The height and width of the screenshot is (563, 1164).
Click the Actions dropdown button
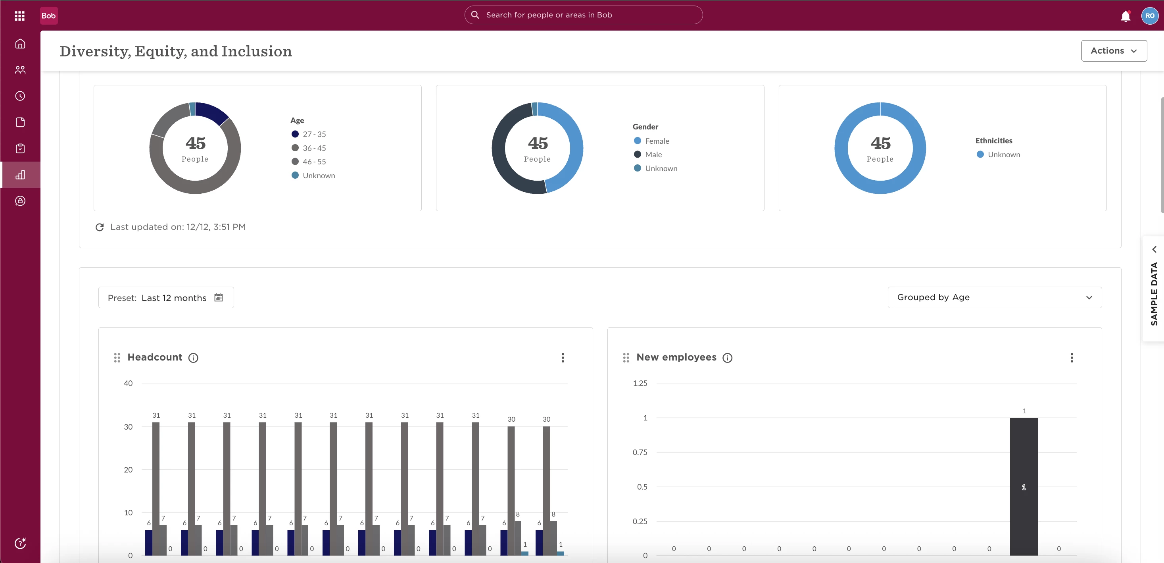(x=1114, y=51)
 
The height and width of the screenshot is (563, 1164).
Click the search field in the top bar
(x=583, y=15)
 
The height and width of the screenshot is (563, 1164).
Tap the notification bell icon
(x=1125, y=16)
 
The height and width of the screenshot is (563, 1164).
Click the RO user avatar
(x=1150, y=16)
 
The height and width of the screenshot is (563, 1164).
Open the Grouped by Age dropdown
(x=995, y=297)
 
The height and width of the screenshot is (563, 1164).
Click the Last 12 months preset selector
(x=166, y=297)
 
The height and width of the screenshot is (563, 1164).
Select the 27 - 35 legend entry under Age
(x=309, y=134)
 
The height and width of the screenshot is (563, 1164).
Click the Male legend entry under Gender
(x=648, y=155)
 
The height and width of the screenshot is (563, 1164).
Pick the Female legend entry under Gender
(x=651, y=141)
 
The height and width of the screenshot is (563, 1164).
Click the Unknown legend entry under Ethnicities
(x=998, y=155)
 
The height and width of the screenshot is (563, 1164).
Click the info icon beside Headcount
(x=193, y=358)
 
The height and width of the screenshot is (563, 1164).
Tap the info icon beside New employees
(x=728, y=358)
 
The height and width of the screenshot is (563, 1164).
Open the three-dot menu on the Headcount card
(x=563, y=358)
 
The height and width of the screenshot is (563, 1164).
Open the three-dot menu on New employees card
(x=1072, y=358)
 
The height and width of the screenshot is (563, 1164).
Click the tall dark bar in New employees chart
(x=1024, y=487)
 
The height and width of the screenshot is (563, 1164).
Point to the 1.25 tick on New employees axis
(x=640, y=384)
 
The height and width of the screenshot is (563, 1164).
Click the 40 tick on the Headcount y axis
(x=128, y=384)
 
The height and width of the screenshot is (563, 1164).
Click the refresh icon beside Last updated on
(x=100, y=227)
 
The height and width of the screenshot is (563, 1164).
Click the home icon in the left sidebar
(x=20, y=44)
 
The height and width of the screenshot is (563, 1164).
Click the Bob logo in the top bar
(x=49, y=16)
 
